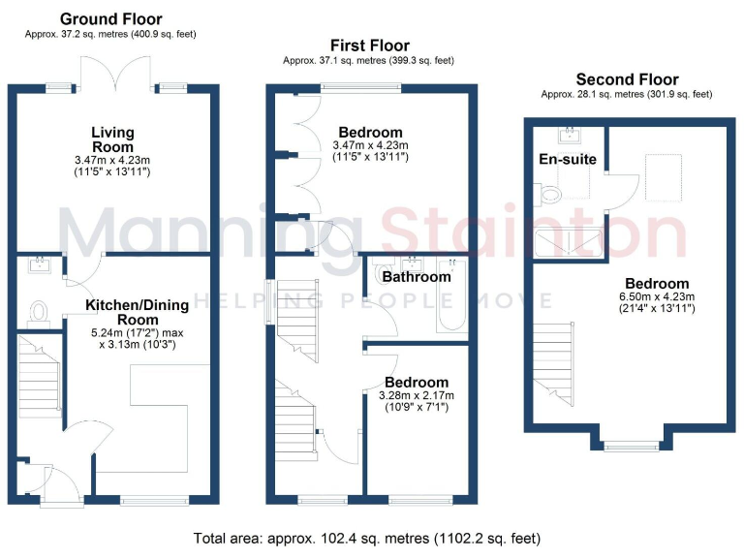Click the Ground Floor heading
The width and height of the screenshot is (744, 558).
coord(111,19)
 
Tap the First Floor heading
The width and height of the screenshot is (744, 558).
coord(369,46)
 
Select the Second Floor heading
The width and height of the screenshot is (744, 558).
coord(627,79)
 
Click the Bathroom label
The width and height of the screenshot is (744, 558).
coord(417,277)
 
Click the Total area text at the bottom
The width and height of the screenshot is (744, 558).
coord(367,538)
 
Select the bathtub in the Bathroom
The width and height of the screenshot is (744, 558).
coord(451,295)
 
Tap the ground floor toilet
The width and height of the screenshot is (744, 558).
coord(40,312)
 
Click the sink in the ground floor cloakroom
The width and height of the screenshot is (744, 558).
coord(41,262)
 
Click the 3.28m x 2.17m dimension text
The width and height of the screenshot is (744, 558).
coord(417,395)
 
